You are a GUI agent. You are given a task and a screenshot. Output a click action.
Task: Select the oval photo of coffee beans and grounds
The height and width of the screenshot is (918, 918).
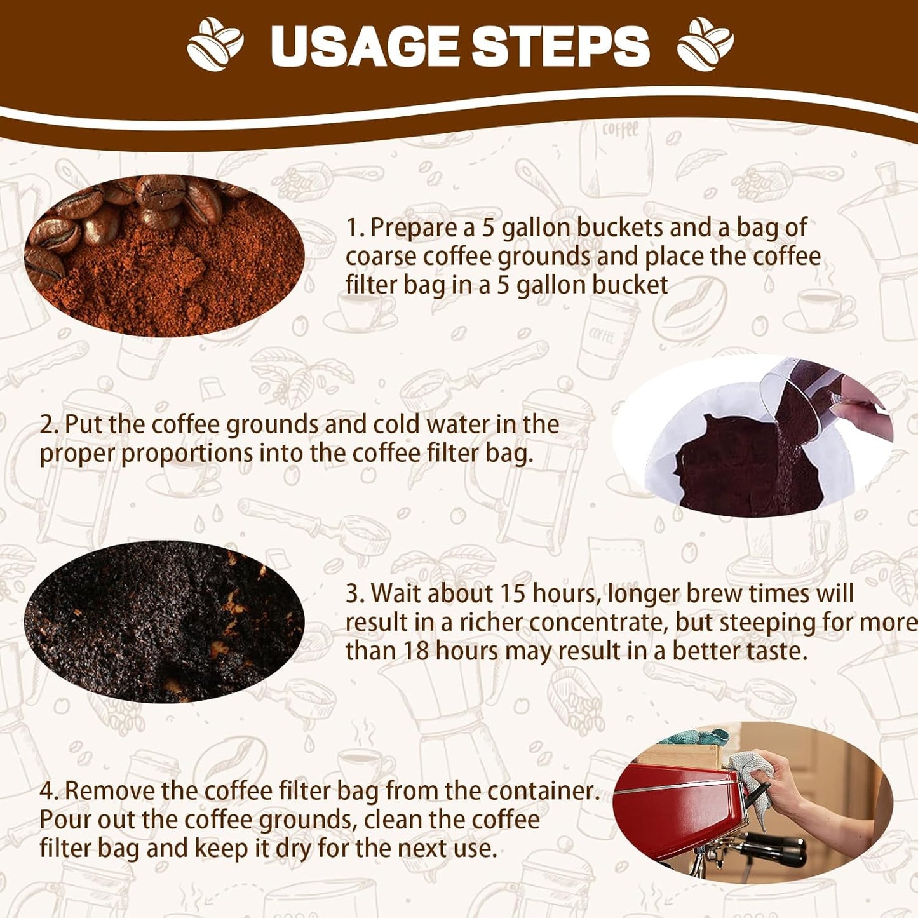[164, 255]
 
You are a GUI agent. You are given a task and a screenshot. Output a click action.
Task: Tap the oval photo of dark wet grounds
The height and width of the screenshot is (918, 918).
[164, 621]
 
